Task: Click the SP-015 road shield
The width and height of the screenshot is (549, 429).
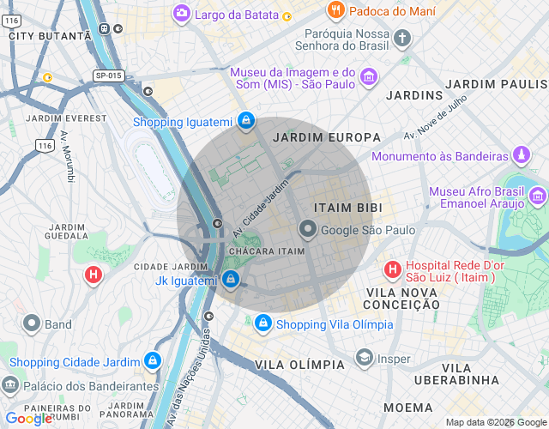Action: pyautogui.click(x=108, y=76)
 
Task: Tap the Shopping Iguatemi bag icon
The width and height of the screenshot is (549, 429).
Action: pyautogui.click(x=246, y=121)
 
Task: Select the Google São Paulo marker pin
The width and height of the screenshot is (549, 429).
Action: pyautogui.click(x=308, y=230)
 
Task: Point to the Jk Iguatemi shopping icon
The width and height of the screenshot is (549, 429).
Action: pyautogui.click(x=230, y=280)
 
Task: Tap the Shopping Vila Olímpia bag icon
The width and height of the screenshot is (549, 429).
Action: pyautogui.click(x=262, y=323)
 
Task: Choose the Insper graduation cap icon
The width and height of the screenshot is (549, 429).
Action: pyautogui.click(x=364, y=359)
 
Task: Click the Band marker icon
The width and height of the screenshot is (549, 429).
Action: pyautogui.click(x=32, y=324)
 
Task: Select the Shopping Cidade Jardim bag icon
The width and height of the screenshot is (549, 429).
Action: pyautogui.click(x=152, y=361)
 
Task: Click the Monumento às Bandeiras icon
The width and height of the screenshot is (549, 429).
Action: pyautogui.click(x=520, y=156)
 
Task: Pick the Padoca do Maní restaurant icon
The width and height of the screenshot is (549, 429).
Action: pyautogui.click(x=336, y=11)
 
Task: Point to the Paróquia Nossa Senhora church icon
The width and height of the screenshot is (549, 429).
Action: pyautogui.click(x=402, y=38)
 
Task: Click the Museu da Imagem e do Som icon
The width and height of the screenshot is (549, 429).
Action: pyautogui.click(x=368, y=78)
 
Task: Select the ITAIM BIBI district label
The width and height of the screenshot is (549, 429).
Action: pyautogui.click(x=347, y=208)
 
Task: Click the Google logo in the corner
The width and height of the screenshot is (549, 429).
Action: pyautogui.click(x=27, y=419)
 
